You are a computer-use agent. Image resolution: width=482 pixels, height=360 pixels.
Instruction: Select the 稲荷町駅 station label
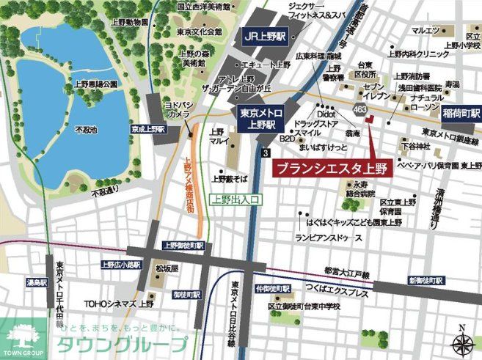click(x=461, y=114)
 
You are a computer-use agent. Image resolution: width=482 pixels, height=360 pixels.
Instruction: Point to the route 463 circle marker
click(x=358, y=110)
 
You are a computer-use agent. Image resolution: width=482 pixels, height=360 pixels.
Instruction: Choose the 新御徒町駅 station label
click(x=426, y=281)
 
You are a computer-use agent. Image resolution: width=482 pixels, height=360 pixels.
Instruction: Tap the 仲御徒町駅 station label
click(x=275, y=290)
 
